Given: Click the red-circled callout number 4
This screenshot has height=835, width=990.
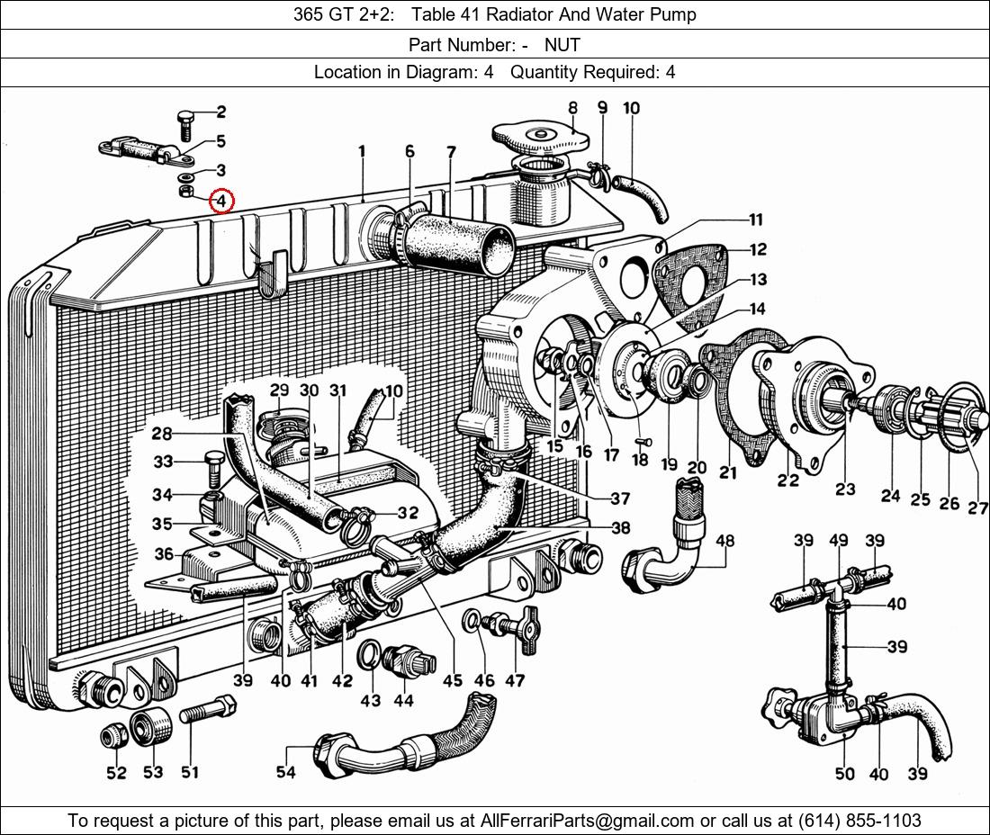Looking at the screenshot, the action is click(x=221, y=202).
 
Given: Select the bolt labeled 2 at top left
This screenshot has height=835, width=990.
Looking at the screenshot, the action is click(x=186, y=125).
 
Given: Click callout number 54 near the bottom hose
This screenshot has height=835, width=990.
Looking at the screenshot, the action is click(x=286, y=771).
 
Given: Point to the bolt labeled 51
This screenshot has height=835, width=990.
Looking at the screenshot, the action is click(x=209, y=710).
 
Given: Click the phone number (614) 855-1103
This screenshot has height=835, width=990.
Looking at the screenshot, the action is click(x=859, y=820).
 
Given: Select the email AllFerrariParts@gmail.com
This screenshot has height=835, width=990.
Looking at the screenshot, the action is click(x=587, y=820).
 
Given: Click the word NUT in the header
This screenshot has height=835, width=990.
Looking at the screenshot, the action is click(x=562, y=45).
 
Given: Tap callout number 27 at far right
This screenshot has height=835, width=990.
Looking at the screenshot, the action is click(x=979, y=507).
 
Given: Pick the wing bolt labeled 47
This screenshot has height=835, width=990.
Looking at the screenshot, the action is click(x=511, y=626).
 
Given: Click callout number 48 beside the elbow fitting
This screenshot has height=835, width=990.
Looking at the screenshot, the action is click(x=724, y=540).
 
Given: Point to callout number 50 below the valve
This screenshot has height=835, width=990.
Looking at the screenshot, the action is click(x=845, y=773).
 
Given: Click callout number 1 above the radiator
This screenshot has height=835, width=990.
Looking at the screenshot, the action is click(x=362, y=151).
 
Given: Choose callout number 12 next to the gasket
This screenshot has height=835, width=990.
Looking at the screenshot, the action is click(x=759, y=249).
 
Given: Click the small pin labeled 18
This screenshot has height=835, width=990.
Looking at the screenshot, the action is click(x=643, y=443).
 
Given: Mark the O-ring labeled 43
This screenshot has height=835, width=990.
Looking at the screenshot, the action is click(x=370, y=654).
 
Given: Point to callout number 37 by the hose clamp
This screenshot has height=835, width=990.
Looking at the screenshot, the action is click(x=620, y=498).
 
